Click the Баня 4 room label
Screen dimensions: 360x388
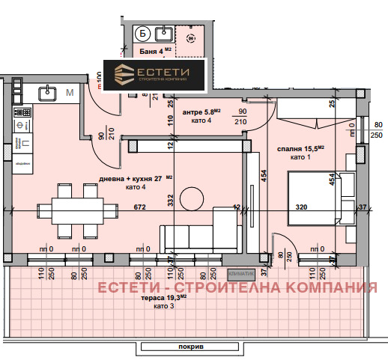[157, 52]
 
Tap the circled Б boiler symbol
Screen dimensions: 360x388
[142, 33]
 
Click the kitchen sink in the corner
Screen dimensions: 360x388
[46, 92]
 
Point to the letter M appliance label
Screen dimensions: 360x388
[69, 93]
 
